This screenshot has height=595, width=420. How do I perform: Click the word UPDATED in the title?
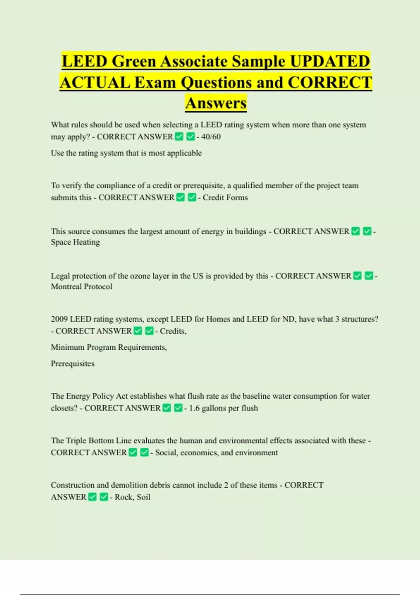point(330,61)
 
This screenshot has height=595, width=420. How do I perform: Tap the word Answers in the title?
point(216,103)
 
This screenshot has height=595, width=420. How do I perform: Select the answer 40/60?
point(211,137)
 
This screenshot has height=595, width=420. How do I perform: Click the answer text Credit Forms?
point(225,197)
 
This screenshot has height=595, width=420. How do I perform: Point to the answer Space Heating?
point(75,242)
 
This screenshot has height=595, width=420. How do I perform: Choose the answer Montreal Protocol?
point(82,287)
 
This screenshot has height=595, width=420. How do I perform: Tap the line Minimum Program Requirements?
point(108,347)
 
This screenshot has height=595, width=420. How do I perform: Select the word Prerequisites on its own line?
point(72,364)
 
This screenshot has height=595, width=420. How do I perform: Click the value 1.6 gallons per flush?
point(223,408)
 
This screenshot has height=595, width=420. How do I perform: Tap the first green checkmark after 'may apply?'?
point(179,137)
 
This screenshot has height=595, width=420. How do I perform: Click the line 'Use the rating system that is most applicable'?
point(126,153)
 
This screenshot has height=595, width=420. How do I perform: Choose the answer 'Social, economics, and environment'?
point(216,453)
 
